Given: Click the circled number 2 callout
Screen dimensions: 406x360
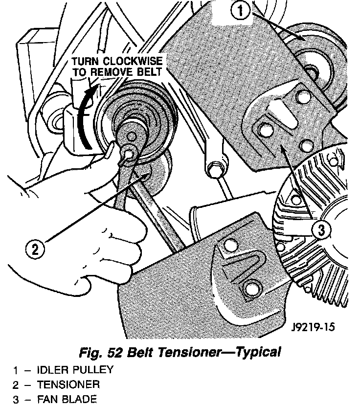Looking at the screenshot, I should pyautogui.click(x=34, y=250).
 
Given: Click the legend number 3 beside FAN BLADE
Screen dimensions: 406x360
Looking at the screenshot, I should pyautogui.click(x=16, y=400).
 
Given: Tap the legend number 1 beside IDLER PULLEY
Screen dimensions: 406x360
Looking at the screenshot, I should pyautogui.click(x=16, y=370).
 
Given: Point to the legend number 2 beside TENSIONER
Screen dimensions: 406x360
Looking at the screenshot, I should pyautogui.click(x=16, y=385).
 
